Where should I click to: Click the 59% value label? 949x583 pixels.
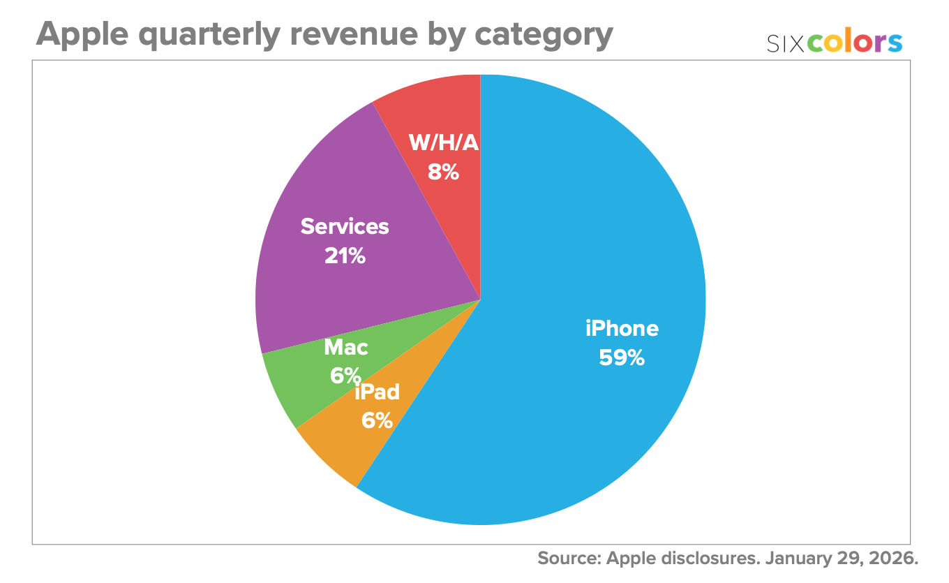622,357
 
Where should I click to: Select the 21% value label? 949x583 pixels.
345,256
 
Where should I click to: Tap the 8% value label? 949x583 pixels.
444,172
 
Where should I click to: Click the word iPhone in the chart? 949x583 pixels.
622,328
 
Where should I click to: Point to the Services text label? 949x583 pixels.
345,226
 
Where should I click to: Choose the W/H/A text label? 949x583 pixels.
444,142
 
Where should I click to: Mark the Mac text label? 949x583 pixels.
346,346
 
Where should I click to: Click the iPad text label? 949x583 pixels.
378,392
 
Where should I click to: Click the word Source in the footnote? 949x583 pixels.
568,559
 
